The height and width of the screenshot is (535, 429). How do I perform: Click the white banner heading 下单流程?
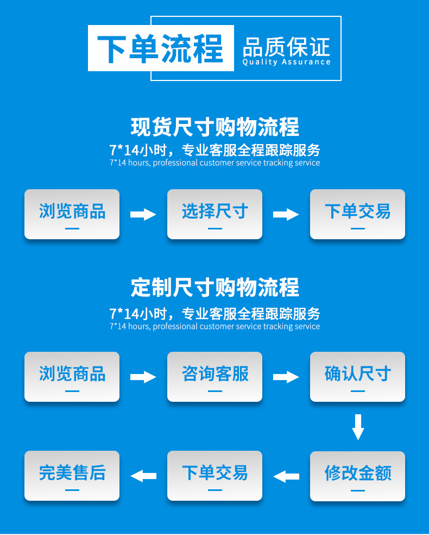161,48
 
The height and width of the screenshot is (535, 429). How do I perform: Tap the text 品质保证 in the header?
286,47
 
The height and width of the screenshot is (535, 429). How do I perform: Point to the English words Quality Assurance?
286,62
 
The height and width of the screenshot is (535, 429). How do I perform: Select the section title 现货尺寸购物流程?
214,127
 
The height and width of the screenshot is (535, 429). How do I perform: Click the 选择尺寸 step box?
214,214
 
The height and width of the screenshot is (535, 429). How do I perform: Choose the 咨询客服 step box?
214,376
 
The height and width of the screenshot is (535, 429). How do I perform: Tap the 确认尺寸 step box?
357,376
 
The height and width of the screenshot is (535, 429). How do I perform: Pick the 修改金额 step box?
357,476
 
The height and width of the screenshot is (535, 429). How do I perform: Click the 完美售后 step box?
72,476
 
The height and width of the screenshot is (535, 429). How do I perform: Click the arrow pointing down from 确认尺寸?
357,427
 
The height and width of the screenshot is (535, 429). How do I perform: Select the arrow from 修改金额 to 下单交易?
286,476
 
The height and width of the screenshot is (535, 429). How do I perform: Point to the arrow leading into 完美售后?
143,476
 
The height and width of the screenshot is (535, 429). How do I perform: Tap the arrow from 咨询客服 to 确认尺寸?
286,377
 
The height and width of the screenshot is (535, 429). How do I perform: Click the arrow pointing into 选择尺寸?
143,214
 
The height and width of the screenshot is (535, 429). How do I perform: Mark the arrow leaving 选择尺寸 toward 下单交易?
286,214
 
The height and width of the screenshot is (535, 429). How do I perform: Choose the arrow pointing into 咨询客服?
143,377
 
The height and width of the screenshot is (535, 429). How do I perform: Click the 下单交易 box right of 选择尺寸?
357,214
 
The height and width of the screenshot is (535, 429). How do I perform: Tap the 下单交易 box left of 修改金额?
214,476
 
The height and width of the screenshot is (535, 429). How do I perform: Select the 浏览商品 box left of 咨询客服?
72,376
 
